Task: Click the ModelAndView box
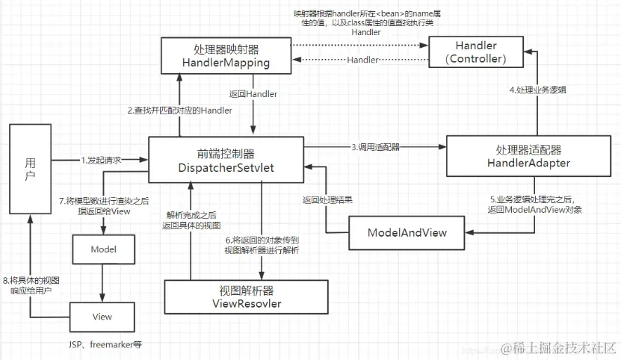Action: [407, 232]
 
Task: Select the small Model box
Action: [102, 247]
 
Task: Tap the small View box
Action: [102, 317]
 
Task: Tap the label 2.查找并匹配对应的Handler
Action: [179, 111]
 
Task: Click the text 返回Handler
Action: [254, 94]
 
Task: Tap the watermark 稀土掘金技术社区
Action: [560, 347]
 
